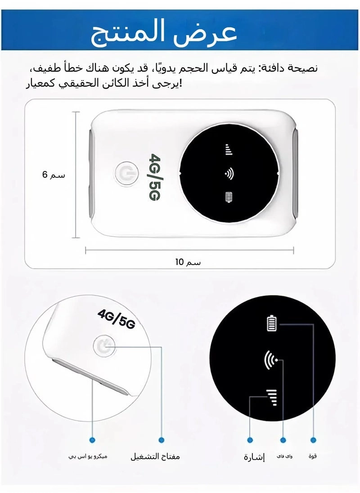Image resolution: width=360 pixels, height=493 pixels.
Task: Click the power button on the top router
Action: tap(124, 174)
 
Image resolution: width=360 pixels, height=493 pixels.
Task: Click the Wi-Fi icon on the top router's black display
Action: tap(229, 174)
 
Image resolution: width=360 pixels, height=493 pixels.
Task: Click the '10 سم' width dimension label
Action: tap(188, 262)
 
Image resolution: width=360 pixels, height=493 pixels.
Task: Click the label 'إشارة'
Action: tap(254, 457)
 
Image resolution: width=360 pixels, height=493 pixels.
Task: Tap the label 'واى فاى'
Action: tap(284, 457)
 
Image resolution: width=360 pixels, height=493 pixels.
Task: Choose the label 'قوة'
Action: tap(313, 456)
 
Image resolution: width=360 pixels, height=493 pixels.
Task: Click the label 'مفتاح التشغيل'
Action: tap(155, 457)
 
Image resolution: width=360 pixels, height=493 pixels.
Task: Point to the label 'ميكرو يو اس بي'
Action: tap(88, 457)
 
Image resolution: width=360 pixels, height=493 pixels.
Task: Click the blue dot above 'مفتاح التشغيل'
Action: tap(162, 439)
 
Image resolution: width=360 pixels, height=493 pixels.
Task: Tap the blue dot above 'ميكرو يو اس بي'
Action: tap(92, 439)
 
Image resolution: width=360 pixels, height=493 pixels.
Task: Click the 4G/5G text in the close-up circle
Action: tap(116, 319)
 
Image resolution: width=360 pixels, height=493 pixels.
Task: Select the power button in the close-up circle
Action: tap(104, 346)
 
